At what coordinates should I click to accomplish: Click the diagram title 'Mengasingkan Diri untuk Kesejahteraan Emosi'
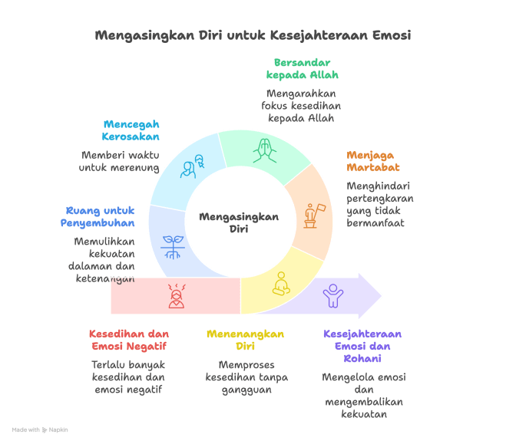click(x=253, y=35)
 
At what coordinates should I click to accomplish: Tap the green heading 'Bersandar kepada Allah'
click(x=302, y=68)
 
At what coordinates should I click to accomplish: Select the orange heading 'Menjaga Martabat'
click(x=372, y=160)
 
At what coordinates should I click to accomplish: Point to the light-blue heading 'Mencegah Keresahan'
click(x=131, y=130)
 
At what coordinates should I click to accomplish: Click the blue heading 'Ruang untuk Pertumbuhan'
click(x=98, y=216)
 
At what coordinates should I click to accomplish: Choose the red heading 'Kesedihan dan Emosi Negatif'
click(x=128, y=340)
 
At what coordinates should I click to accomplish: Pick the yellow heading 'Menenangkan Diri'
click(x=246, y=340)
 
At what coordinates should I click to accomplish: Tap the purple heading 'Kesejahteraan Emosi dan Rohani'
click(x=362, y=346)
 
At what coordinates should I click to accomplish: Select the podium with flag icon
click(x=313, y=215)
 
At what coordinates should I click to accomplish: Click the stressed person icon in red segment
click(x=177, y=295)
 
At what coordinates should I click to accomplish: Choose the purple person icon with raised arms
click(x=332, y=295)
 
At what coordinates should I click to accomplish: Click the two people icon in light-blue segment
click(x=193, y=166)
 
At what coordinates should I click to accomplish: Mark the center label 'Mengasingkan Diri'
click(x=239, y=222)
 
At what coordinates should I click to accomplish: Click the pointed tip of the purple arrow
click(x=382, y=295)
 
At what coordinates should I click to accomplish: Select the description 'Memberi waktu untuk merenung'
click(x=121, y=161)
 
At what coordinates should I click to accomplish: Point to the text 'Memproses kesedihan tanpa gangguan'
click(x=246, y=377)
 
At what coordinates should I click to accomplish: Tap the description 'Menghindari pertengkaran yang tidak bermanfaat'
click(x=380, y=204)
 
